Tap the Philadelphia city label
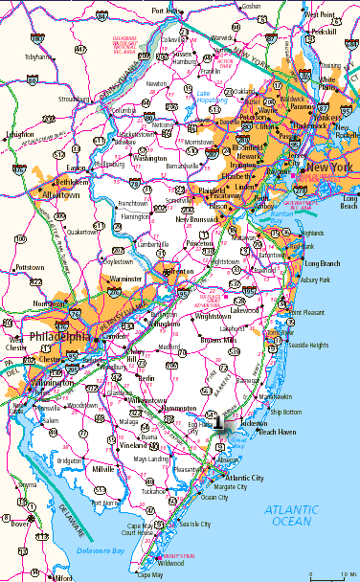coord(58,337)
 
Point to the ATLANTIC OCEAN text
coord(298,515)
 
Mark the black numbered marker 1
coord(219,421)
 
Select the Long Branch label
coord(323,262)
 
